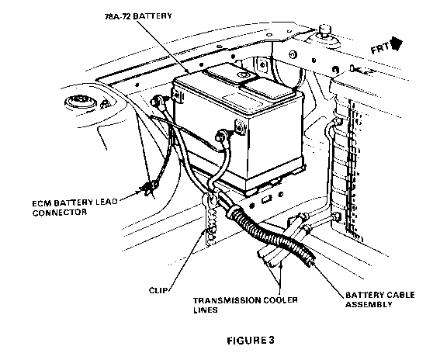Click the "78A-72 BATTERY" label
click(138, 16)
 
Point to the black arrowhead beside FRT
click(397, 43)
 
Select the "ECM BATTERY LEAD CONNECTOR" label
click(74, 207)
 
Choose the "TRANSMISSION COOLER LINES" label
click(245, 305)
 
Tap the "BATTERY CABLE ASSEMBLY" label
click(380, 299)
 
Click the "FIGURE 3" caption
click(251, 341)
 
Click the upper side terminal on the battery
click(177, 95)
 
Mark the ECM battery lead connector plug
click(149, 188)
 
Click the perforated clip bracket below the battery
click(210, 220)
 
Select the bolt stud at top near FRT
click(325, 30)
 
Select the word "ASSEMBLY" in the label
click(369, 304)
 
